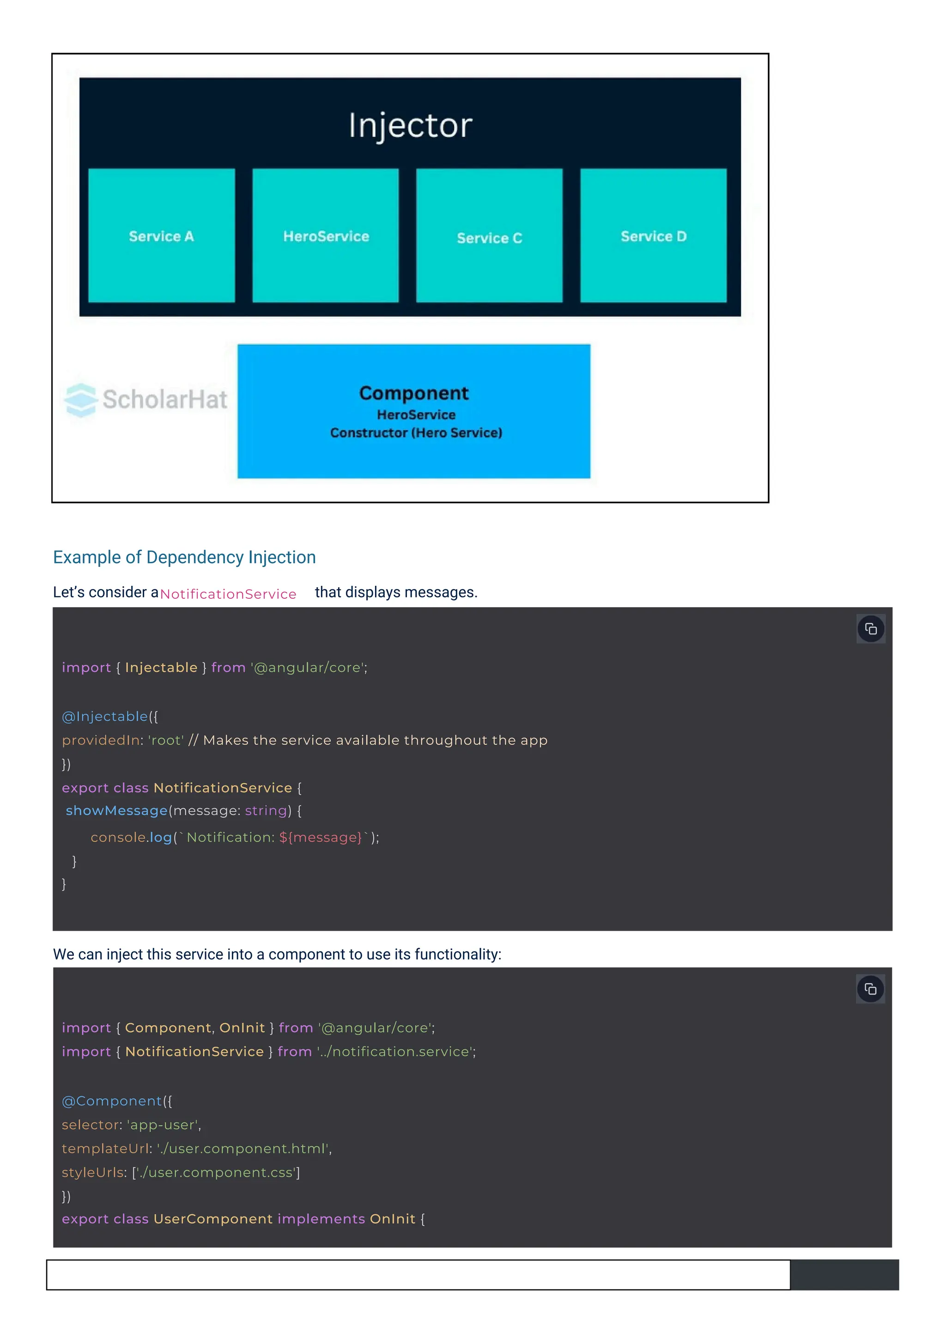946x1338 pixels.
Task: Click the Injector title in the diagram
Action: pos(410,125)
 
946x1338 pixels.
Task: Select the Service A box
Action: pos(161,236)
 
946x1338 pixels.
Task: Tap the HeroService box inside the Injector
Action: pos(326,236)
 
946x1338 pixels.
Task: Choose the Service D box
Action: pos(653,236)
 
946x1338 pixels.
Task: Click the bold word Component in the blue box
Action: pos(413,393)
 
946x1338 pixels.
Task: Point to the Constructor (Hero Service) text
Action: pos(416,433)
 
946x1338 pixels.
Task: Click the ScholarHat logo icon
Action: pos(80,400)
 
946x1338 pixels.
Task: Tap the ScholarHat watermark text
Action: pos(165,400)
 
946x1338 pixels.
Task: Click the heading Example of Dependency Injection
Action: pos(184,557)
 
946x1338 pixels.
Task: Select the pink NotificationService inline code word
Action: pos(228,594)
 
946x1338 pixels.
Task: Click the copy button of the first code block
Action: pos(870,629)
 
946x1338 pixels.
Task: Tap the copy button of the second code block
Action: pos(870,989)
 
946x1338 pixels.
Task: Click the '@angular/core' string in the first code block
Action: pos(308,668)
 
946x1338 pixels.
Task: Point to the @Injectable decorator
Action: pos(105,716)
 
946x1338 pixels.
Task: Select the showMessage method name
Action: pos(116,811)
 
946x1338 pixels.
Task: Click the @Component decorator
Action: pos(112,1101)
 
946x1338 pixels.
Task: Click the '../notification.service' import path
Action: pos(395,1052)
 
